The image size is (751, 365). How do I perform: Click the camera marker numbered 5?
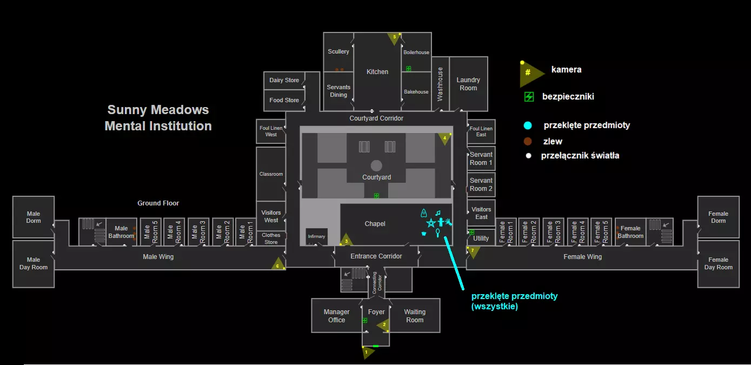pyautogui.click(x=394, y=38)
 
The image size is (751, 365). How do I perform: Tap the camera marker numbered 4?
pyautogui.click(x=444, y=138)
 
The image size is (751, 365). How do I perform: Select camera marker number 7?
pyautogui.click(x=473, y=251)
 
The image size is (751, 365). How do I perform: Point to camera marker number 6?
pyautogui.click(x=278, y=264)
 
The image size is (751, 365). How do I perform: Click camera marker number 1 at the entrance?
pyautogui.click(x=367, y=352)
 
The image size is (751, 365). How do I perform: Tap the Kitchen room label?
pyautogui.click(x=377, y=71)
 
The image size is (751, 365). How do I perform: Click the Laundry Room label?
pyautogui.click(x=468, y=84)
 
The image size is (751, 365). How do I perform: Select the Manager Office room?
pyautogui.click(x=336, y=316)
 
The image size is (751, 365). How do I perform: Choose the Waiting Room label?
pyautogui.click(x=415, y=316)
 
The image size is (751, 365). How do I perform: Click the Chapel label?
pyautogui.click(x=375, y=224)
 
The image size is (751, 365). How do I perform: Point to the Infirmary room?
pyautogui.click(x=316, y=236)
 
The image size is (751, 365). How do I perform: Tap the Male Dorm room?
pyautogui.click(x=34, y=217)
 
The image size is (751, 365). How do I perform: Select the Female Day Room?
pyautogui.click(x=718, y=263)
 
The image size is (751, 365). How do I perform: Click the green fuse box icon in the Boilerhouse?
pyautogui.click(x=409, y=69)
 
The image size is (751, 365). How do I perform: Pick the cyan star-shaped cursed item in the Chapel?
pyautogui.click(x=431, y=223)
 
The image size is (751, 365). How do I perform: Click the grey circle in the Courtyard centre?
pyautogui.click(x=376, y=165)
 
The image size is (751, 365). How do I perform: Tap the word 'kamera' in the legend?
pyautogui.click(x=566, y=70)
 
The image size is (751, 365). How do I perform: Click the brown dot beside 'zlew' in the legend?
pyautogui.click(x=528, y=142)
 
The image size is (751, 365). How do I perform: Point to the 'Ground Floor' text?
pyautogui.click(x=158, y=203)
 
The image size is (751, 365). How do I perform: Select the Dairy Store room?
pyautogui.click(x=284, y=80)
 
